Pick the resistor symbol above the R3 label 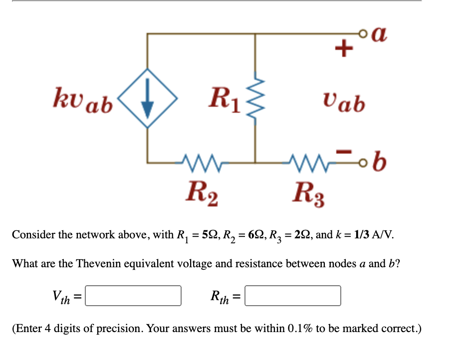[308, 162]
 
